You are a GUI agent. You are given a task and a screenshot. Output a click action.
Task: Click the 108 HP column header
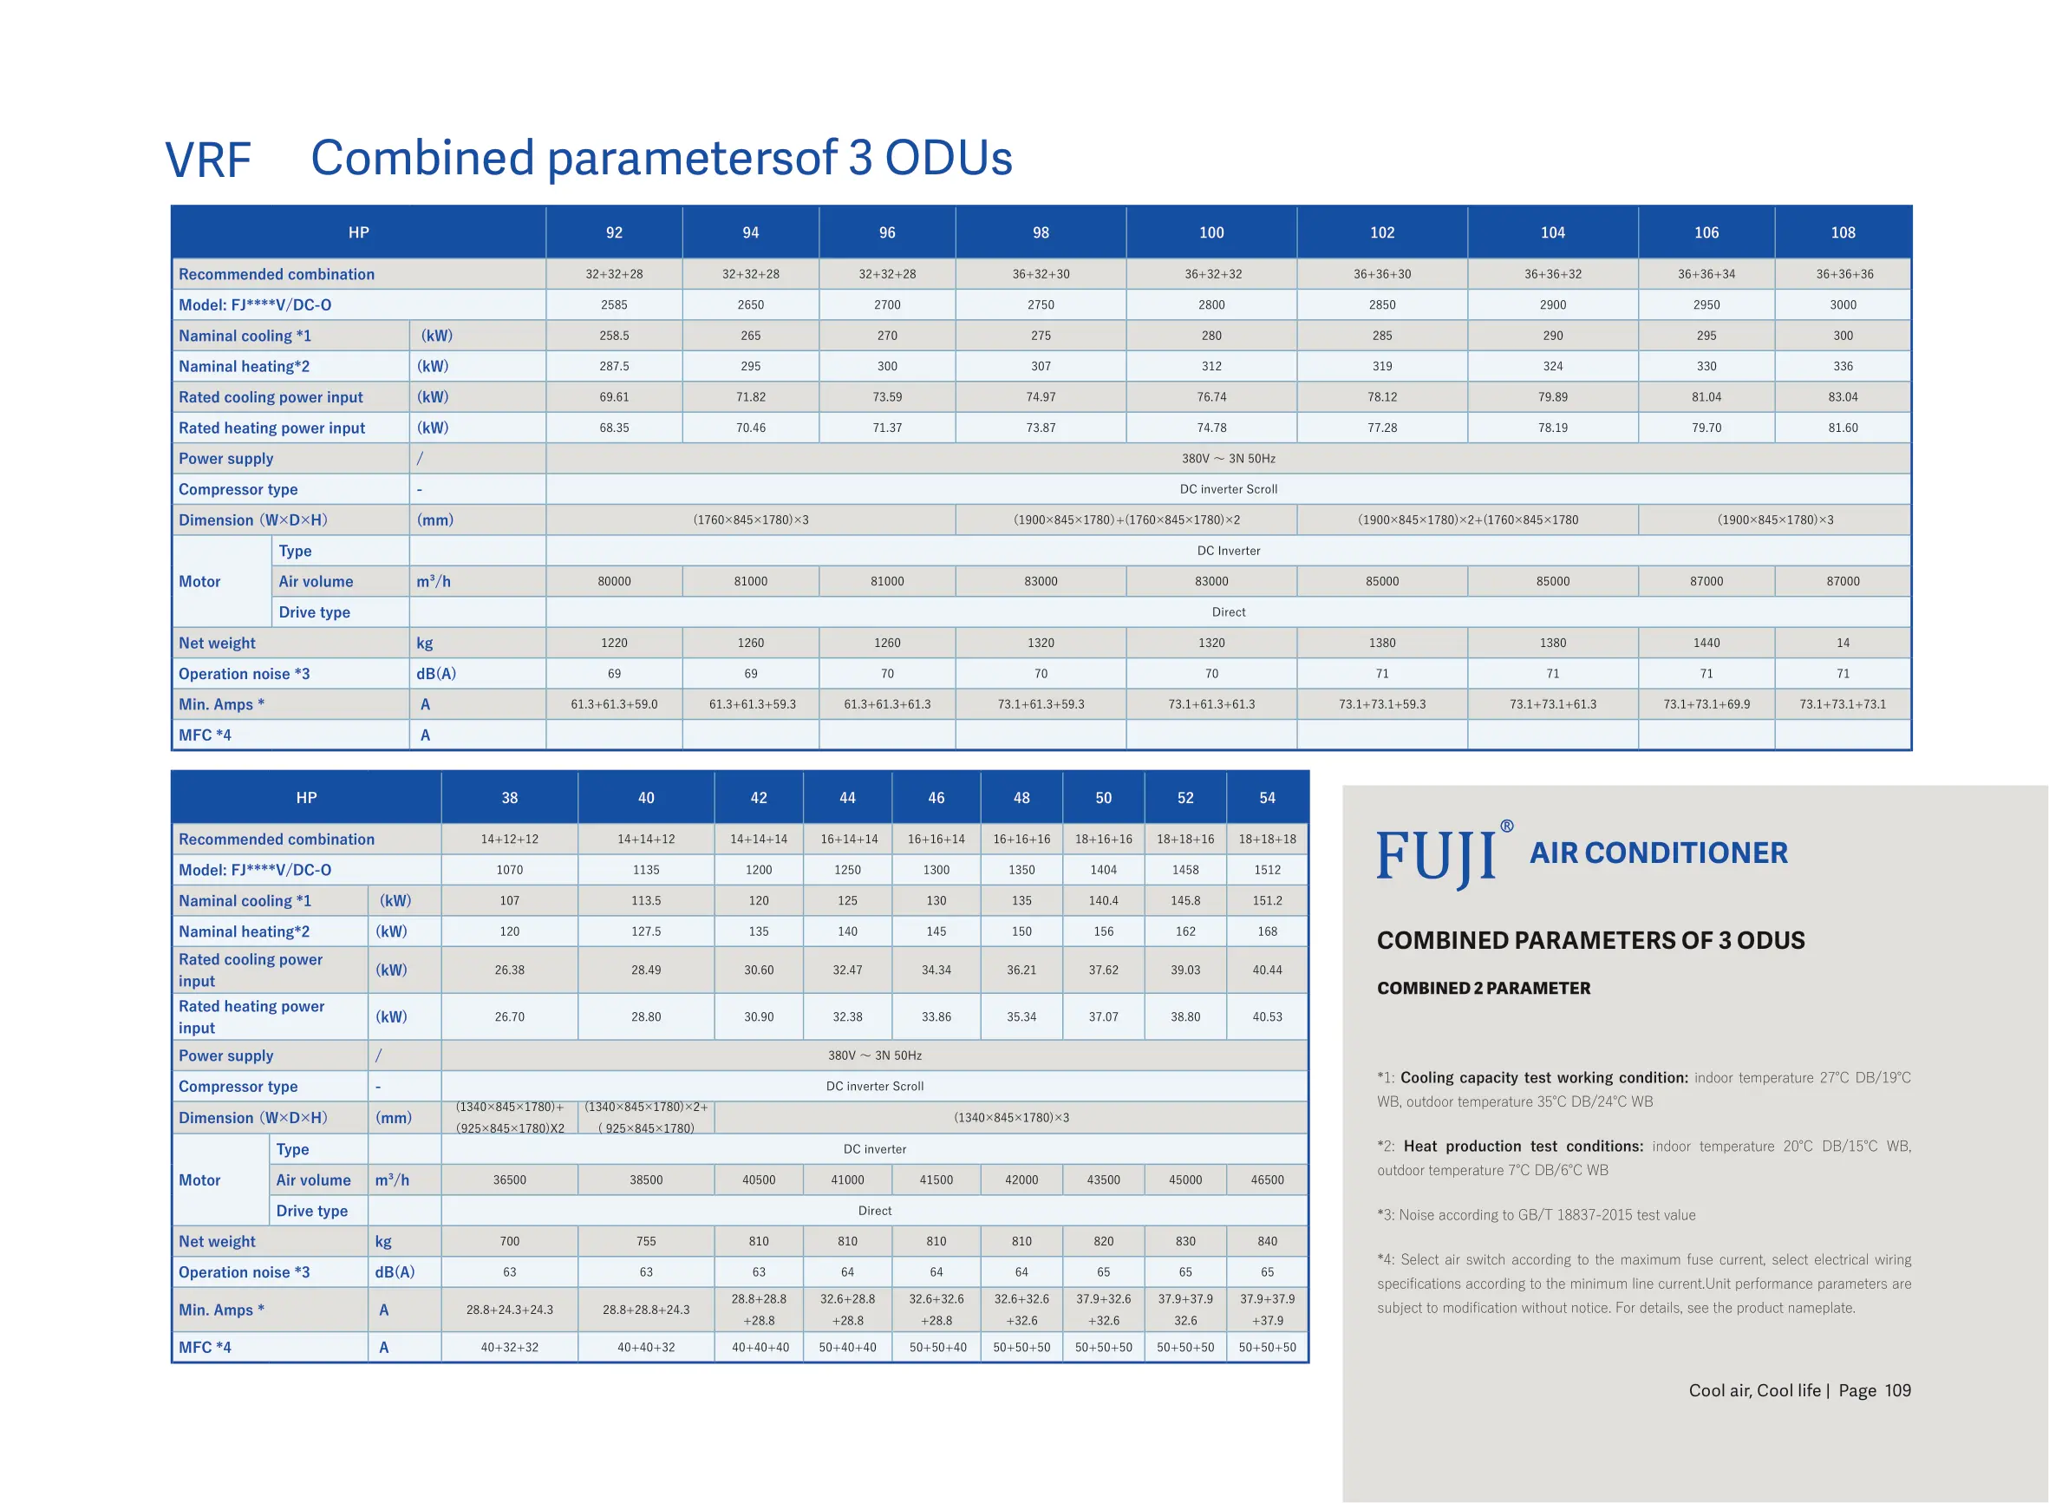(x=1842, y=233)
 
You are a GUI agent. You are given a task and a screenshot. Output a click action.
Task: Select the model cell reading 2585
(x=614, y=304)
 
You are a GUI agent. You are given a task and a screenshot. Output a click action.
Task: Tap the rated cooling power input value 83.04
(x=1842, y=397)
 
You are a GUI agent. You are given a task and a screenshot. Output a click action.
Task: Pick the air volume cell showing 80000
(x=614, y=581)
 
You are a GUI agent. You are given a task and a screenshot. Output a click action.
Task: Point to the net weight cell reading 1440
(x=1706, y=644)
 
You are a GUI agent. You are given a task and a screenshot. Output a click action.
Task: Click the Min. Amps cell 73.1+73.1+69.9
(x=1706, y=704)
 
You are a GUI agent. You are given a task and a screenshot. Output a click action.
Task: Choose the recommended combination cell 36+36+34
(x=1706, y=274)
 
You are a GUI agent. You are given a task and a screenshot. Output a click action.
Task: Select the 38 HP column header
(x=509, y=798)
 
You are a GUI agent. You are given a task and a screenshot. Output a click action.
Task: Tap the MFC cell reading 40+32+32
(x=509, y=1348)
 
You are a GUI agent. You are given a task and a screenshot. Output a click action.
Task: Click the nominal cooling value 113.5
(x=646, y=901)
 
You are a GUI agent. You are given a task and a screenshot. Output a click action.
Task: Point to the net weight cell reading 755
(x=646, y=1242)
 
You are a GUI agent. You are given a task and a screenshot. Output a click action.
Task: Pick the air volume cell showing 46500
(x=1267, y=1180)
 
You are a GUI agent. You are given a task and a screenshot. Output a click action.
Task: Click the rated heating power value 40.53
(x=1267, y=1017)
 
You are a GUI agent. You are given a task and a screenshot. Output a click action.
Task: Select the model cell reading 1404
(x=1103, y=870)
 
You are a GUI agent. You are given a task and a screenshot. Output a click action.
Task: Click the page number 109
(x=1897, y=1391)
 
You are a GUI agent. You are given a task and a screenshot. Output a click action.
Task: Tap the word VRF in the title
(x=207, y=160)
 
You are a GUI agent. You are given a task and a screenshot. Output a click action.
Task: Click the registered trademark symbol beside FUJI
(x=1507, y=827)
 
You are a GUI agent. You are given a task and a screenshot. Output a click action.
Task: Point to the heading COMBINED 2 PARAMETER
(x=1484, y=988)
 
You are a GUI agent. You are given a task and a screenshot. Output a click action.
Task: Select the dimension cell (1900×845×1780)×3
(x=1774, y=520)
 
